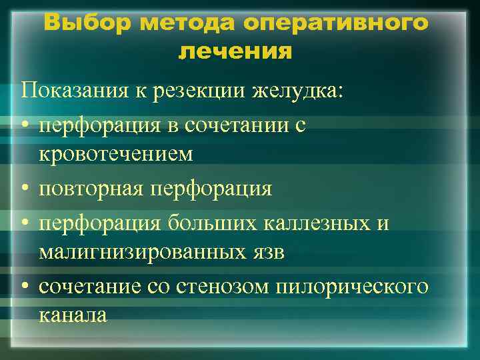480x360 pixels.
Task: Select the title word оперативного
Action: (x=337, y=23)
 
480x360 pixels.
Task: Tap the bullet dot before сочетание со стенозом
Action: (x=25, y=286)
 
